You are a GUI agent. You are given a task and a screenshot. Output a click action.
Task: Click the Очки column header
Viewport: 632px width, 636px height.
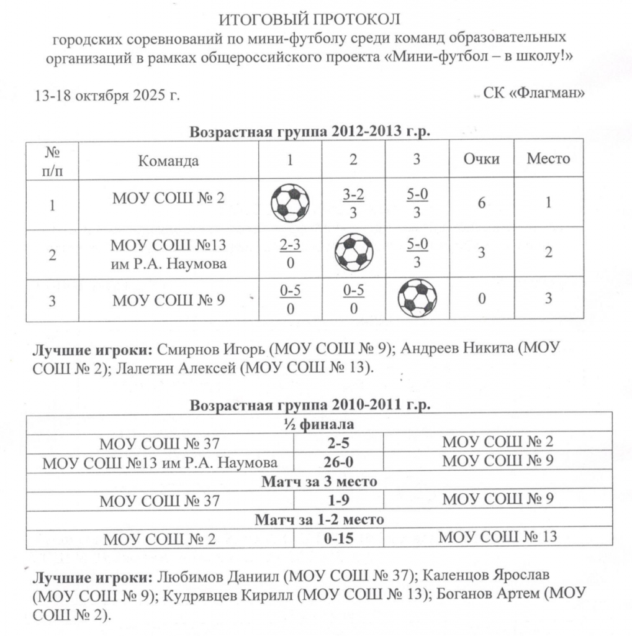click(482, 159)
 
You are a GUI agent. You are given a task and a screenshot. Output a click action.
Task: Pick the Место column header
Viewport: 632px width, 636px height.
click(548, 158)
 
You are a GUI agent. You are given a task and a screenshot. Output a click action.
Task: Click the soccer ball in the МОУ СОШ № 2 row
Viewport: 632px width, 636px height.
click(290, 202)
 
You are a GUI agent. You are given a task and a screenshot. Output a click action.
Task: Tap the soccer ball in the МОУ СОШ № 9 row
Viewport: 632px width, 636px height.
click(417, 298)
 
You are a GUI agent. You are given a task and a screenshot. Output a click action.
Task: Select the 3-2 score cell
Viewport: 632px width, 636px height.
click(353, 202)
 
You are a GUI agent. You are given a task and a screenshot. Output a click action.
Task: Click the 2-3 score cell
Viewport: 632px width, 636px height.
click(290, 253)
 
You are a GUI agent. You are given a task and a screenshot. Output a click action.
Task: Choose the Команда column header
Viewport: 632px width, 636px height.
click(168, 161)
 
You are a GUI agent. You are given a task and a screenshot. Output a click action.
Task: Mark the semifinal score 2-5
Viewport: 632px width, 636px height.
click(338, 443)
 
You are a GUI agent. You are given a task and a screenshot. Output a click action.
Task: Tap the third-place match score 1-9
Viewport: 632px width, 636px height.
click(338, 500)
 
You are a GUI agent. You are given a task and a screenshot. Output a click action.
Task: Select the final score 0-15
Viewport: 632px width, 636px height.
click(338, 538)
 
